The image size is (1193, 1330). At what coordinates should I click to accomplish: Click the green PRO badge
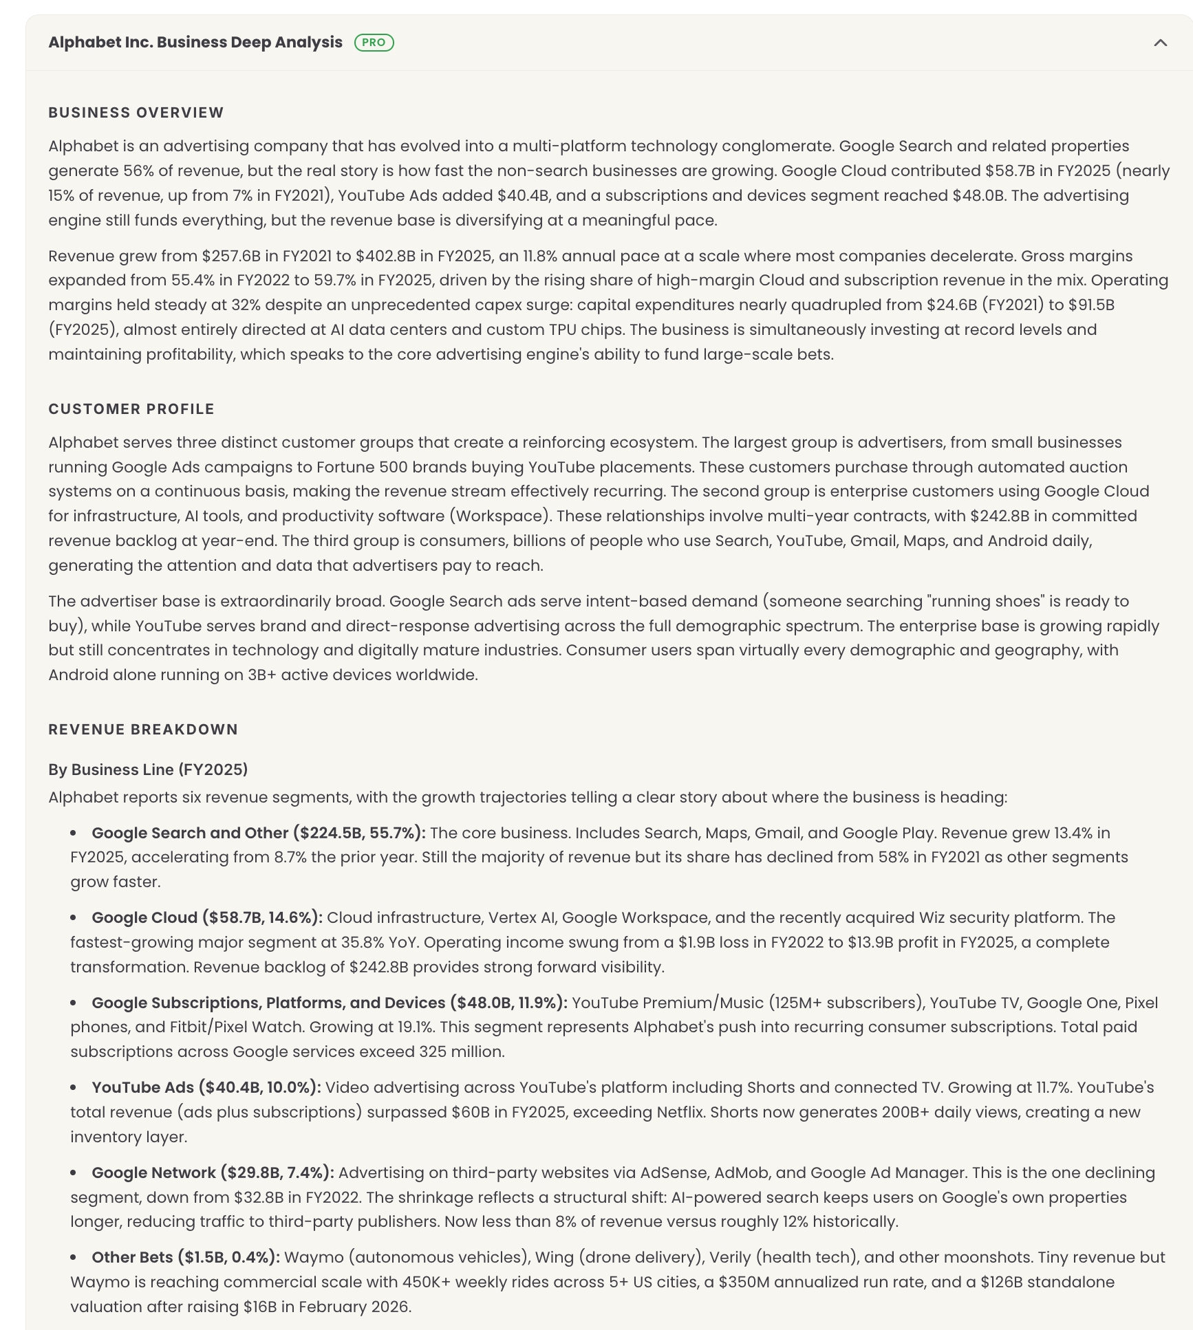(x=374, y=43)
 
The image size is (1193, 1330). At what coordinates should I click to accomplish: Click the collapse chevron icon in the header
(x=1160, y=43)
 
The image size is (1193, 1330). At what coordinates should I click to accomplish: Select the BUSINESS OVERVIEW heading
(x=136, y=113)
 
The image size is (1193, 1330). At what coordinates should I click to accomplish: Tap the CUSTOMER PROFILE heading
(x=131, y=409)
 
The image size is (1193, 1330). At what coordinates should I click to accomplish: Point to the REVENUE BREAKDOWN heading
(x=143, y=730)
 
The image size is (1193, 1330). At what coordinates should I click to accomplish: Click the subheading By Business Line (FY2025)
(x=148, y=770)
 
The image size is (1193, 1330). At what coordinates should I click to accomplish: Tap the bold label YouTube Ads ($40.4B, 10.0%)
(x=206, y=1087)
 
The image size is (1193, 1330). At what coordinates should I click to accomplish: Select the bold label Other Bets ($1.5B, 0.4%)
(x=186, y=1257)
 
